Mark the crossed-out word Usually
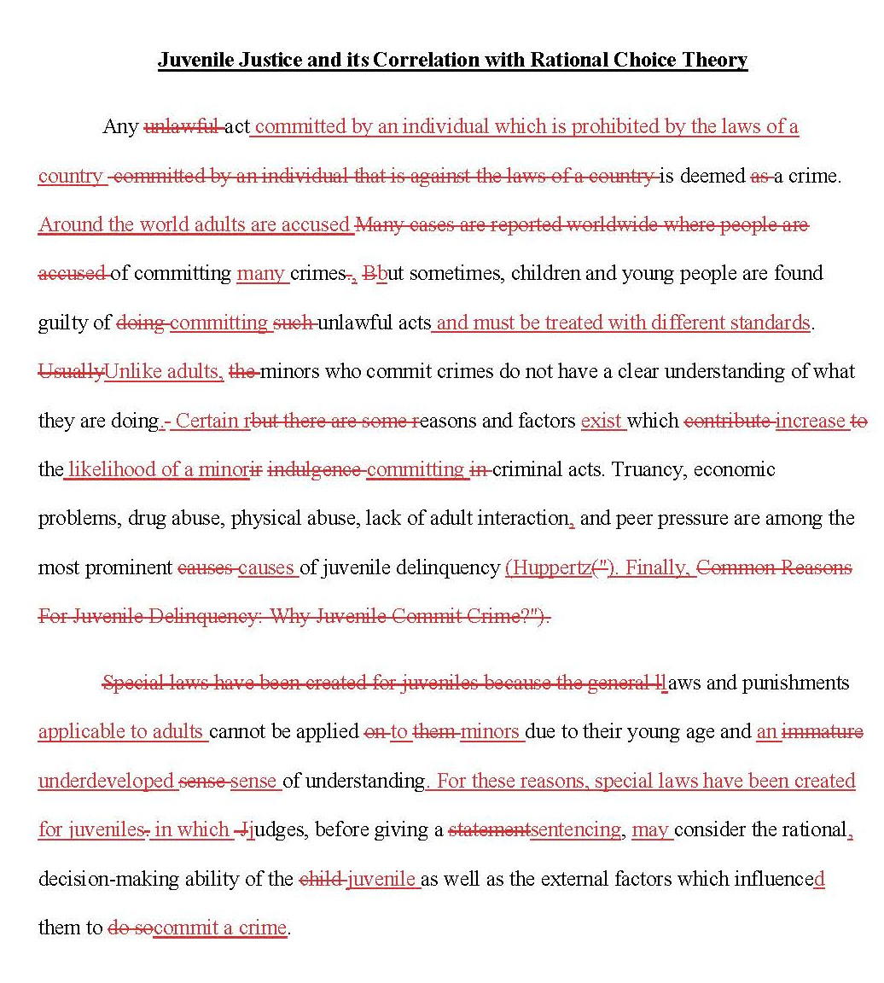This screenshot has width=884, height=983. click(x=71, y=371)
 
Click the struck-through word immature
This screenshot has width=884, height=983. click(x=823, y=731)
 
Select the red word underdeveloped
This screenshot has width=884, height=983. click(x=106, y=781)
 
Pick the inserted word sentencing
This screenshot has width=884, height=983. click(x=576, y=829)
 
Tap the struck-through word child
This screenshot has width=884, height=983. click(x=321, y=879)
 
